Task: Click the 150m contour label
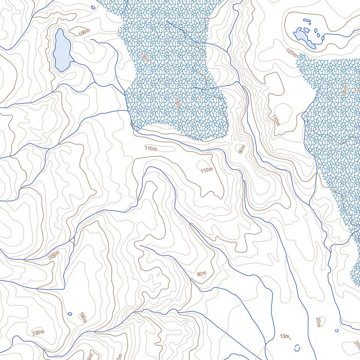[84, 32]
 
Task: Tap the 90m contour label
[241, 150]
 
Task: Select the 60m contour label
[202, 274]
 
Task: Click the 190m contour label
[82, 317]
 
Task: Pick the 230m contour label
[37, 333]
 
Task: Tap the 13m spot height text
[284, 336]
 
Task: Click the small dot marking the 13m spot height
[291, 337]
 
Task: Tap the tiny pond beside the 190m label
[70, 314]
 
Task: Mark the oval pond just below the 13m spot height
[297, 347]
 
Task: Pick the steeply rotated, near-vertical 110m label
[276, 120]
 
